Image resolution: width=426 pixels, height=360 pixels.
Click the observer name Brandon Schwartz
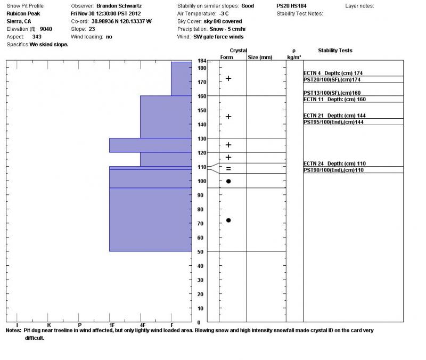[119, 6]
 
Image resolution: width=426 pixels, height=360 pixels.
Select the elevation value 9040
[46, 29]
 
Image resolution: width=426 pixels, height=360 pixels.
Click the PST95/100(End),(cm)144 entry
[333, 122]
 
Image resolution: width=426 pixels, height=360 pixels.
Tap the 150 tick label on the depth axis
[201, 110]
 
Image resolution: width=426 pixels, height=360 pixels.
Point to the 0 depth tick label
[199, 322]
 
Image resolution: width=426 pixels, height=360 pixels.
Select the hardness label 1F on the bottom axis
[111, 325]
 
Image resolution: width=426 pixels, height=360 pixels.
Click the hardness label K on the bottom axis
[49, 325]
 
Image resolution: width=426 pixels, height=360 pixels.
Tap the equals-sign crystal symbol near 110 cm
[228, 169]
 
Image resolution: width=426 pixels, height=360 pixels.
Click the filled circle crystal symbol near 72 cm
[228, 220]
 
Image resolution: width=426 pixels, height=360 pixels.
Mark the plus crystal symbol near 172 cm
[228, 78]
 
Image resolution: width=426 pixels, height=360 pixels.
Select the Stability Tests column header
[335, 51]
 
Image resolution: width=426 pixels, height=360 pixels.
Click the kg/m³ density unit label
[294, 57]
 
